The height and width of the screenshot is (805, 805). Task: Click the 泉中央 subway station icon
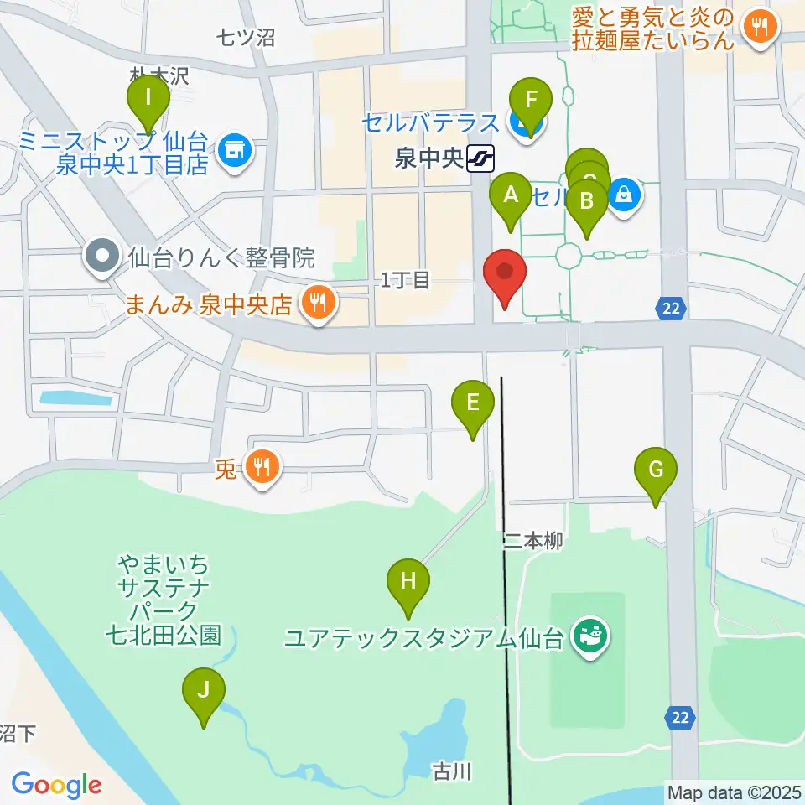(x=481, y=157)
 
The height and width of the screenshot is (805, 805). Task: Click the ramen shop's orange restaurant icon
(x=760, y=29)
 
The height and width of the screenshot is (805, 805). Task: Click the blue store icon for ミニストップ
(x=233, y=151)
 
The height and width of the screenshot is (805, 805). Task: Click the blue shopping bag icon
(x=624, y=196)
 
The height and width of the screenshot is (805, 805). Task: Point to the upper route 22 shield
(x=669, y=309)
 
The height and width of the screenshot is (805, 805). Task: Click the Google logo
(x=57, y=786)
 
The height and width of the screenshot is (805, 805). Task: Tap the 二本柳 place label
(x=532, y=541)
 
